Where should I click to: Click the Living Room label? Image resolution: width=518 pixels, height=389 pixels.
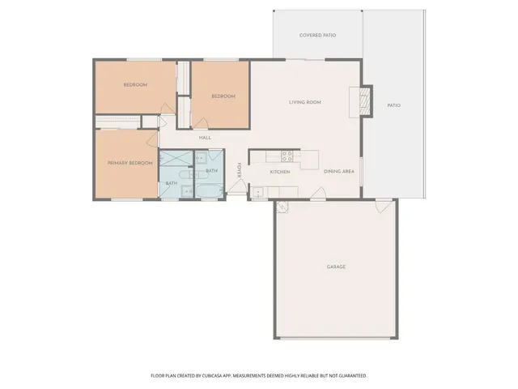(305, 102)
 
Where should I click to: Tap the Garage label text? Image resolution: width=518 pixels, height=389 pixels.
(336, 267)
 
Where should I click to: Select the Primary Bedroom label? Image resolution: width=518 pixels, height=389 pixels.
(130, 163)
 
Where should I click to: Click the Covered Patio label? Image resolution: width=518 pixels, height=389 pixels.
(317, 36)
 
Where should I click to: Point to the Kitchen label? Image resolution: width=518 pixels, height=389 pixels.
(280, 172)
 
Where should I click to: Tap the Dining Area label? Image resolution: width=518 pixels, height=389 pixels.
(338, 172)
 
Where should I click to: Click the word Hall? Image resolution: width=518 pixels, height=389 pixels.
(206, 137)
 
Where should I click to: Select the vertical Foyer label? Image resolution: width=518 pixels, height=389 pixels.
(239, 171)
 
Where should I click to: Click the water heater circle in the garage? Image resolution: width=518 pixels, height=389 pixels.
(282, 207)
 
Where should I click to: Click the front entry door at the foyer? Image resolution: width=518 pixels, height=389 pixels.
(237, 190)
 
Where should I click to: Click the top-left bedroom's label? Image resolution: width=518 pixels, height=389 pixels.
(135, 84)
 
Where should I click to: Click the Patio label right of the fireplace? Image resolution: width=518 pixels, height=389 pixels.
(393, 105)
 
